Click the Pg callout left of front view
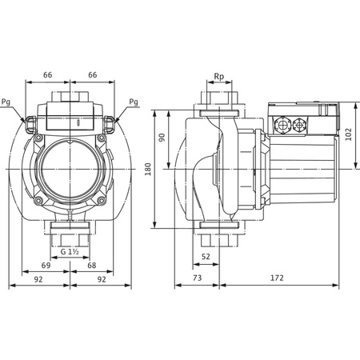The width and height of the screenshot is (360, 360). (x=7, y=102)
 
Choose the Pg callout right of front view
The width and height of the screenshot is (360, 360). (x=133, y=102)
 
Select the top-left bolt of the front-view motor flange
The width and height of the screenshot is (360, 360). (x=38, y=138)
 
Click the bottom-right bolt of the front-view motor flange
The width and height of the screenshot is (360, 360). (x=103, y=198)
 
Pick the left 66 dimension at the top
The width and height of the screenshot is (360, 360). (x=47, y=74)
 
